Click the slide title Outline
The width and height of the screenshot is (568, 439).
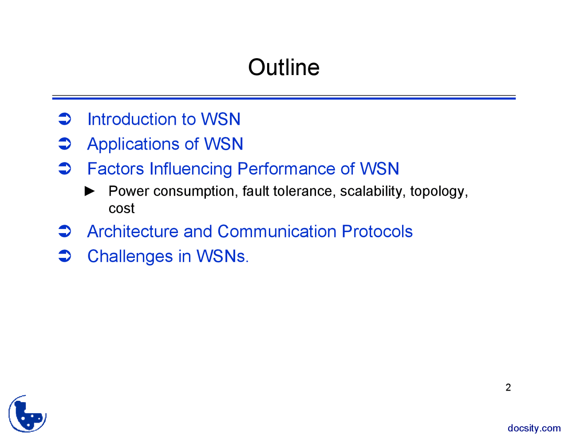tap(284, 67)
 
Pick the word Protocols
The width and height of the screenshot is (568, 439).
tap(377, 232)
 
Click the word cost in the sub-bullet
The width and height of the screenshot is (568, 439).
tap(121, 208)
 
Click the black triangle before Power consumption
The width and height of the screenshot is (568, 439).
tap(90, 191)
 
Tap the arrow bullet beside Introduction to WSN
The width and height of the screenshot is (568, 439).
tap(65, 119)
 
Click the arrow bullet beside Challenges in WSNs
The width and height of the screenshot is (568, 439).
tap(65, 256)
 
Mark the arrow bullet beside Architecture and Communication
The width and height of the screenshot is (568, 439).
tap(65, 231)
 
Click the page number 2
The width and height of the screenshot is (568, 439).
tap(508, 388)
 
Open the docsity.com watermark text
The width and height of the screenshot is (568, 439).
tap(534, 428)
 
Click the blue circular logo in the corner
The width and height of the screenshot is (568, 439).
tap(28, 414)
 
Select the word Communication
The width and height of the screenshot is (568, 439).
tap(277, 232)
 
